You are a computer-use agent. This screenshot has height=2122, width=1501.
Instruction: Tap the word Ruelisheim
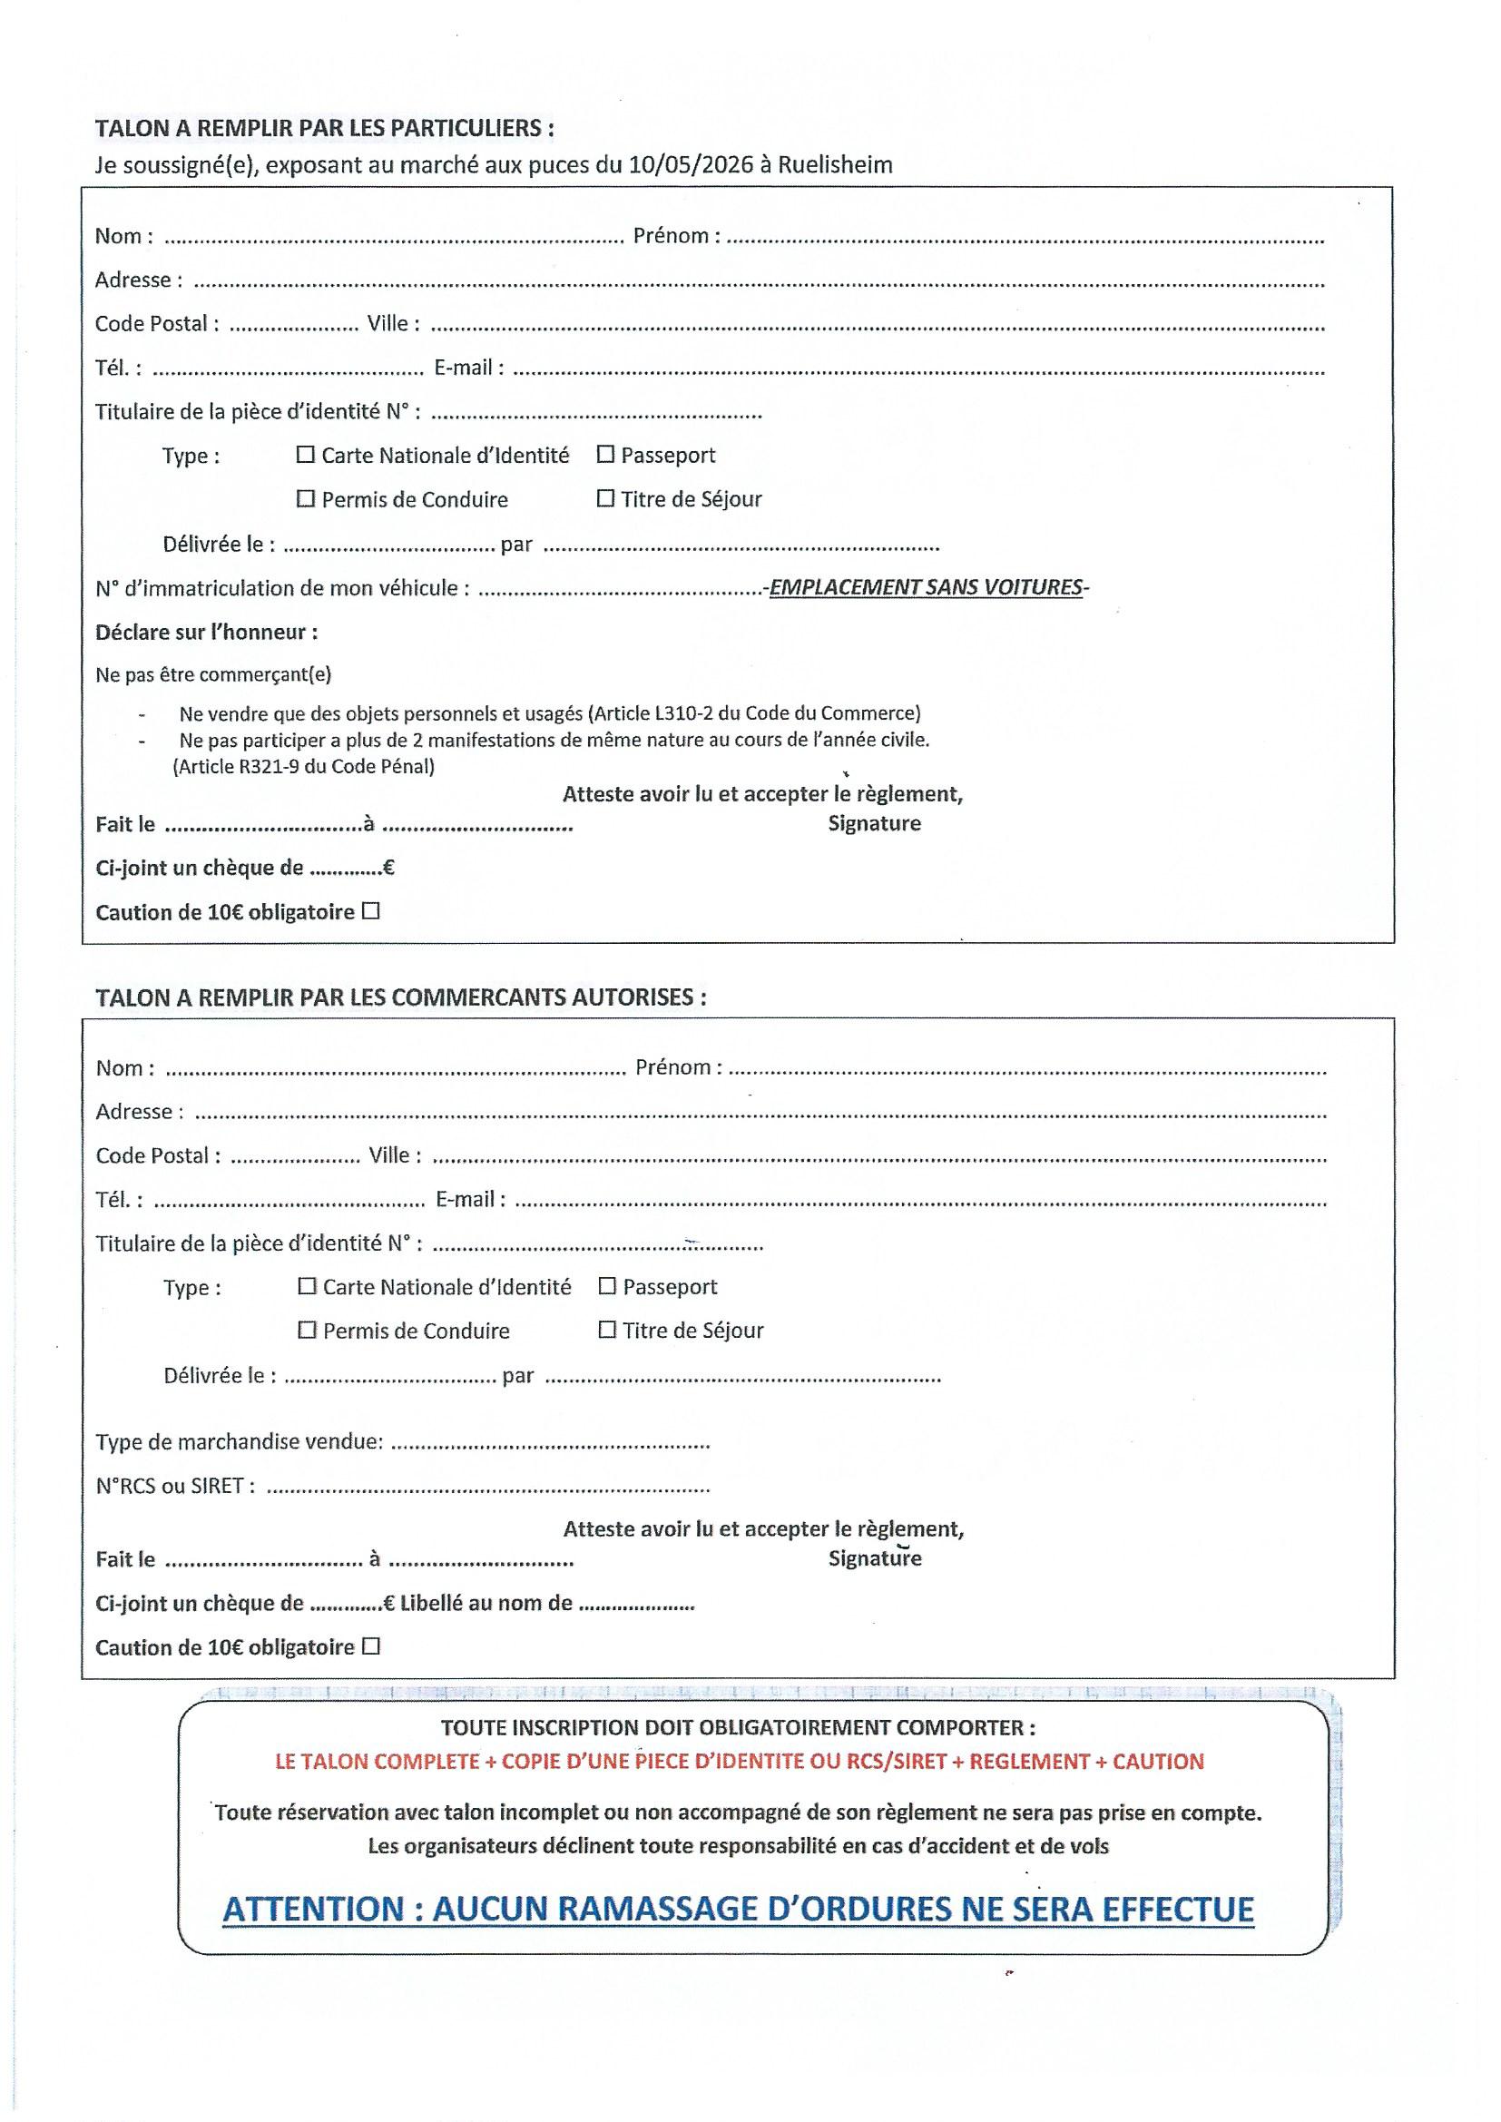(835, 165)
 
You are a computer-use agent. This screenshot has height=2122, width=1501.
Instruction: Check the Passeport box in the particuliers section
(605, 454)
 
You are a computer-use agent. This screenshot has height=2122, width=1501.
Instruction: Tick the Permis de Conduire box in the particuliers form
(306, 499)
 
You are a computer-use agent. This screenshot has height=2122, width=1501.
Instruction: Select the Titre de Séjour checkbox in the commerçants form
(607, 1330)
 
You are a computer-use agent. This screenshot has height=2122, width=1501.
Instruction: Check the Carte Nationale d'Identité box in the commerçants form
(307, 1286)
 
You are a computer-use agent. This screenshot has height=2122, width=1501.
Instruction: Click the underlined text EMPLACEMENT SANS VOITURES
(927, 588)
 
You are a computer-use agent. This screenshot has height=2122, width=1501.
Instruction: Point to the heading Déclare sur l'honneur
(206, 633)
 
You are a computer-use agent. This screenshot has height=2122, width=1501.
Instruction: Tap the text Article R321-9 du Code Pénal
(303, 766)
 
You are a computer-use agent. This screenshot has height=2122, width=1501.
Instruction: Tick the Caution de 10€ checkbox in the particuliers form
(371, 911)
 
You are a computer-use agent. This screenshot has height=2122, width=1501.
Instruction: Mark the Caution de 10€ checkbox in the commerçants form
(371, 1646)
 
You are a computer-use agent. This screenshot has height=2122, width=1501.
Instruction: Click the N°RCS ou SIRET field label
(170, 1486)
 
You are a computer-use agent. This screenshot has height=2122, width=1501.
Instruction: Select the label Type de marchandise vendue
(239, 1442)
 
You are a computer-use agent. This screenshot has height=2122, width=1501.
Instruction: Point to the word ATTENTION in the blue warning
(313, 1909)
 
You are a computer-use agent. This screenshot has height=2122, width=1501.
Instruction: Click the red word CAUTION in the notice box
(1158, 1762)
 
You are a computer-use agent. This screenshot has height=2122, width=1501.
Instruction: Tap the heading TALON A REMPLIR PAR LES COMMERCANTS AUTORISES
(400, 997)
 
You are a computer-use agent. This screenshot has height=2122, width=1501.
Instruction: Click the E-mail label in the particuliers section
(468, 368)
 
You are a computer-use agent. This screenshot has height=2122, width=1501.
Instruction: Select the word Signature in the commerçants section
(874, 1559)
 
